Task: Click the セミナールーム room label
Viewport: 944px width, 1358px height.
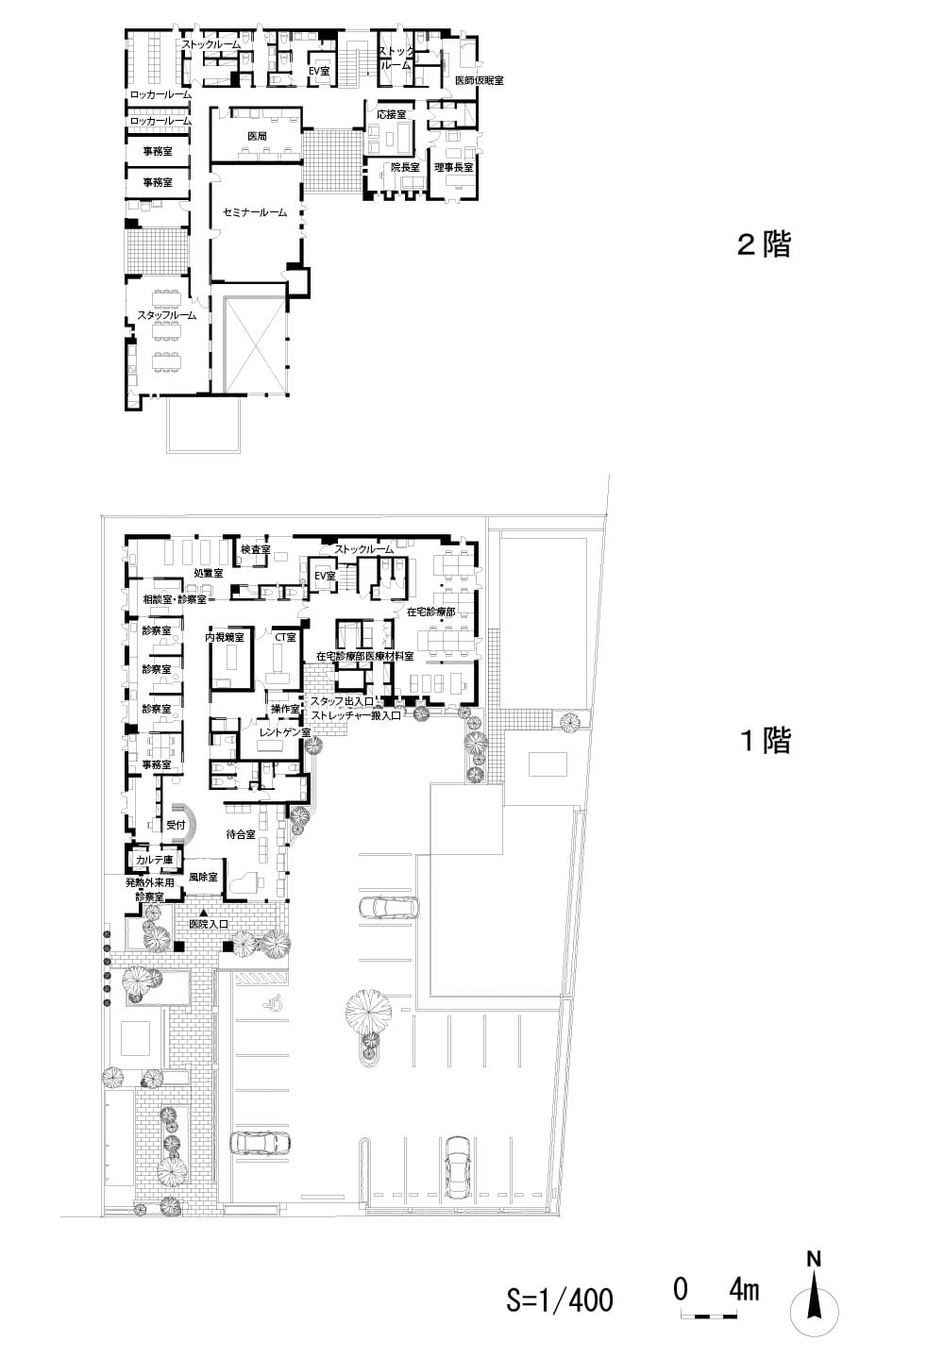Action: click(x=255, y=213)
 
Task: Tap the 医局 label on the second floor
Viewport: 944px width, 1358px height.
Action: click(x=257, y=137)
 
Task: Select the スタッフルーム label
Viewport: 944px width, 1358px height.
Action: click(x=167, y=315)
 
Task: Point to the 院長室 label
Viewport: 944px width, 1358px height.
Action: click(x=405, y=167)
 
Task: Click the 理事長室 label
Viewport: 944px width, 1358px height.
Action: click(x=453, y=167)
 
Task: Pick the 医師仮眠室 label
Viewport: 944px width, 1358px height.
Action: click(x=479, y=81)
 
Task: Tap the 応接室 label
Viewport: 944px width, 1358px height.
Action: click(x=391, y=114)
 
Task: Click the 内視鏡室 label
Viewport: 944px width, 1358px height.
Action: click(x=226, y=638)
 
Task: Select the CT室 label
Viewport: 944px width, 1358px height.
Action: click(x=285, y=638)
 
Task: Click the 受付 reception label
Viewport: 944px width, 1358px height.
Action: click(x=176, y=825)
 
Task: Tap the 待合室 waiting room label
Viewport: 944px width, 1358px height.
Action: click(x=242, y=834)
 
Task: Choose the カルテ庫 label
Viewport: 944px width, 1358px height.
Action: click(x=153, y=860)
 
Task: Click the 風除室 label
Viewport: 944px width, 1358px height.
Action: click(x=203, y=877)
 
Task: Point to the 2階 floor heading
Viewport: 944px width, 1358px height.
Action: click(x=763, y=245)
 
